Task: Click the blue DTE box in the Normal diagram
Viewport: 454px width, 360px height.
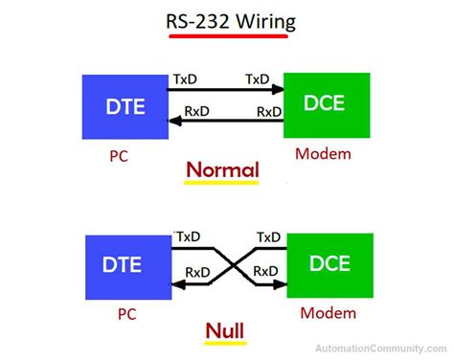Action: (124, 104)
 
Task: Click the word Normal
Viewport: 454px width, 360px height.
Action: (222, 170)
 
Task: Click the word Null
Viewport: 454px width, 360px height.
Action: (224, 332)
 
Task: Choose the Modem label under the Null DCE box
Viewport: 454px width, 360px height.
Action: (326, 313)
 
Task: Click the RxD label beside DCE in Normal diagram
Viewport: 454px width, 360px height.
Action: (269, 112)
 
